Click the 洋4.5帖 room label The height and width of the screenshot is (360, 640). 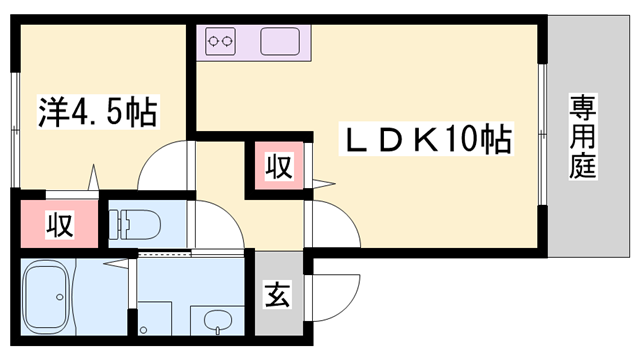98,112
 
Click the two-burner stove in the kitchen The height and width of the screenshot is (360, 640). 221,42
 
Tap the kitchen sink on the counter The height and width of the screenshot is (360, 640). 278,42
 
